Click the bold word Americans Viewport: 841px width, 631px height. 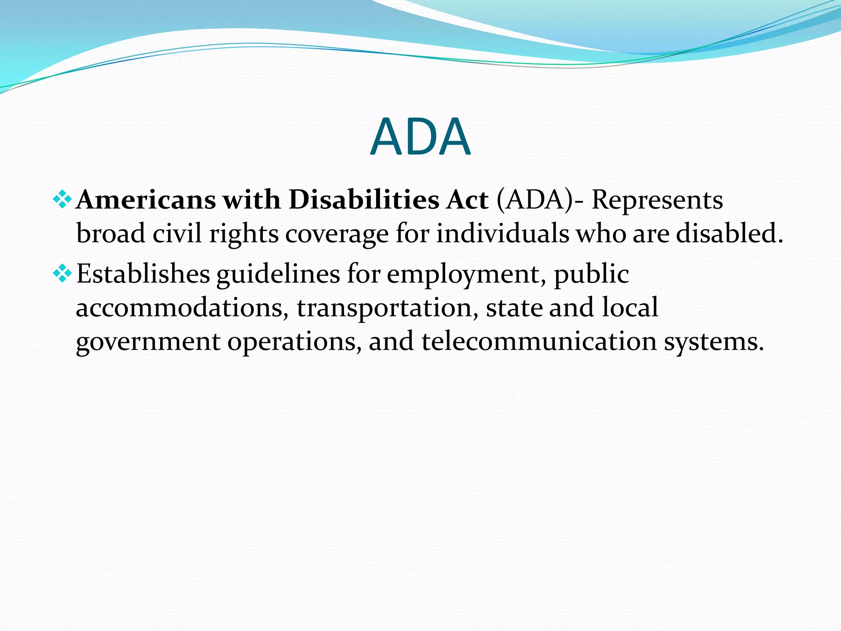pyautogui.click(x=146, y=200)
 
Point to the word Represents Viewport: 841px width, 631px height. pyautogui.click(x=657, y=200)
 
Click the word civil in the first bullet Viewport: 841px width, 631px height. pyautogui.click(x=177, y=233)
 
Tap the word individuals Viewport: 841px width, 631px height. pyautogui.click(x=502, y=233)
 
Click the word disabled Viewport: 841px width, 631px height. pyautogui.click(x=729, y=233)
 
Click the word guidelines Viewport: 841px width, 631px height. pyautogui.click(x=278, y=274)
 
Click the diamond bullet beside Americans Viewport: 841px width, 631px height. pyautogui.click(x=62, y=200)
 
